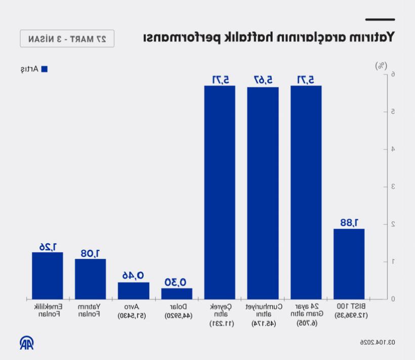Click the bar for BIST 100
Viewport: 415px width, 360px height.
click(349, 264)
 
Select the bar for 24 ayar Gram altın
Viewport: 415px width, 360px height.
click(306, 192)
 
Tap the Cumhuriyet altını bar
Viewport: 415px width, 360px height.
click(263, 193)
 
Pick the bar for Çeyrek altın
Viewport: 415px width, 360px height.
click(220, 192)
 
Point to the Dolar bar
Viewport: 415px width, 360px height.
click(177, 294)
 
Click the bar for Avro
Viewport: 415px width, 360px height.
click(134, 291)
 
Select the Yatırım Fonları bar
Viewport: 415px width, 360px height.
click(91, 279)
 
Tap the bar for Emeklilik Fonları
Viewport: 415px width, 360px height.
click(48, 275)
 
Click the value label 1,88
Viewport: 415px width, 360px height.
click(349, 222)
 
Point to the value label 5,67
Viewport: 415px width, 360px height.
click(263, 79)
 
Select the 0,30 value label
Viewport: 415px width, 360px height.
click(177, 282)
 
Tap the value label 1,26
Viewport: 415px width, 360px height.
click(48, 246)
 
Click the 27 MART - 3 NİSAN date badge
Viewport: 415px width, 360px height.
click(67, 38)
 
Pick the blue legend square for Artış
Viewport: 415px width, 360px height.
click(44, 69)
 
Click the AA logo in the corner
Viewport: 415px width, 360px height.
click(27, 343)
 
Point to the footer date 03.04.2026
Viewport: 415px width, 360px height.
click(378, 342)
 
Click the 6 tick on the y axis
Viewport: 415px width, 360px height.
click(378, 74)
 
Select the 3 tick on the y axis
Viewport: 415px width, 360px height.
click(378, 187)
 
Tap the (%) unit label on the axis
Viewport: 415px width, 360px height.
click(380, 65)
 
